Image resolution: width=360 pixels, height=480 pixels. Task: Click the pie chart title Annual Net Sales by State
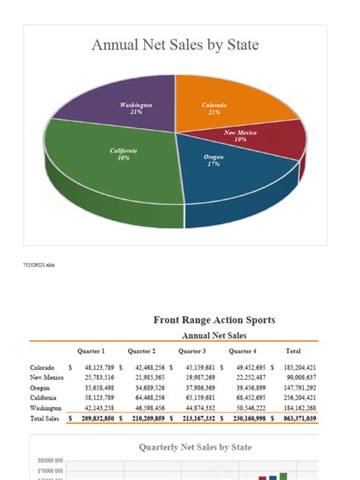[175, 46]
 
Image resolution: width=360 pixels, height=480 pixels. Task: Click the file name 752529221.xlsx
[39, 264]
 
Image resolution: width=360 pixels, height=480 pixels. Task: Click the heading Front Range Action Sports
[214, 320]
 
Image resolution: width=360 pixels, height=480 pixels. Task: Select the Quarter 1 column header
[90, 351]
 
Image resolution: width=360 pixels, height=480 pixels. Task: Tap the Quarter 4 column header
[242, 351]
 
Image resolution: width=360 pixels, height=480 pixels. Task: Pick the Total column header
[292, 351]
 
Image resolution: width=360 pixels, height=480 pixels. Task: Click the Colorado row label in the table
[42, 367]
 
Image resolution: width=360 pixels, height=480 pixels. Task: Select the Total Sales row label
[46, 418]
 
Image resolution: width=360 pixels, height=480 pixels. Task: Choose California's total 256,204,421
[295, 397]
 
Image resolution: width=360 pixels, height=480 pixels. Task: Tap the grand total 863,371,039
[295, 418]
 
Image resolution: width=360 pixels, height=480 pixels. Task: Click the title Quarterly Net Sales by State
[195, 447]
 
